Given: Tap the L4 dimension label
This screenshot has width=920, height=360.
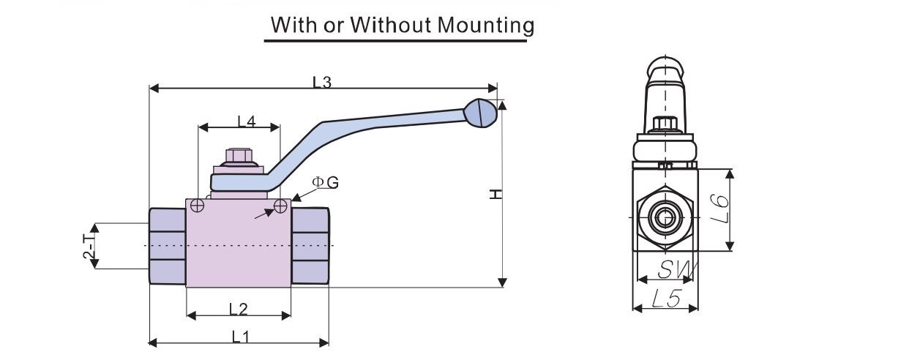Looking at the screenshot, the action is coord(247,121).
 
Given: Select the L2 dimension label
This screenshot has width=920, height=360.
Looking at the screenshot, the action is coord(238,309).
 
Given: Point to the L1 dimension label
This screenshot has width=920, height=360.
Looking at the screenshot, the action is coord(240,337).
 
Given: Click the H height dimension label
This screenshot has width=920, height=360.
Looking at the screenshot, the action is coord(496,194).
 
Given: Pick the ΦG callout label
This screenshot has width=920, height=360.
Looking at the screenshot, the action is coord(325,182).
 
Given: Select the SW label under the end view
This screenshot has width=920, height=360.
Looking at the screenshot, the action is coord(677,269).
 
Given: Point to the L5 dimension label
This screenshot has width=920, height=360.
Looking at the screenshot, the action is coord(667,299).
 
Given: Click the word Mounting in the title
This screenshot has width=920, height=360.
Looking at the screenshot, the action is coord(485,26).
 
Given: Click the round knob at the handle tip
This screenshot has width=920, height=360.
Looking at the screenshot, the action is coord(480,113).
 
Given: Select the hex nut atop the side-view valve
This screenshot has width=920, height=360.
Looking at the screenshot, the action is coord(239,156).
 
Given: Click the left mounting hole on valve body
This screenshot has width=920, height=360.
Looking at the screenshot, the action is coord(197,206).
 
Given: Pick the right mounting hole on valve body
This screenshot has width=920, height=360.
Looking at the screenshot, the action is coord(280,206).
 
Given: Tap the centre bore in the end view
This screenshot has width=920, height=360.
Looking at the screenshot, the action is coord(665,217).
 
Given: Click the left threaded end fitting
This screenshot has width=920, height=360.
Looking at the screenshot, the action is coord(167,246).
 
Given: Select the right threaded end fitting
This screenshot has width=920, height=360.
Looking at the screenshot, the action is coord(310,246).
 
